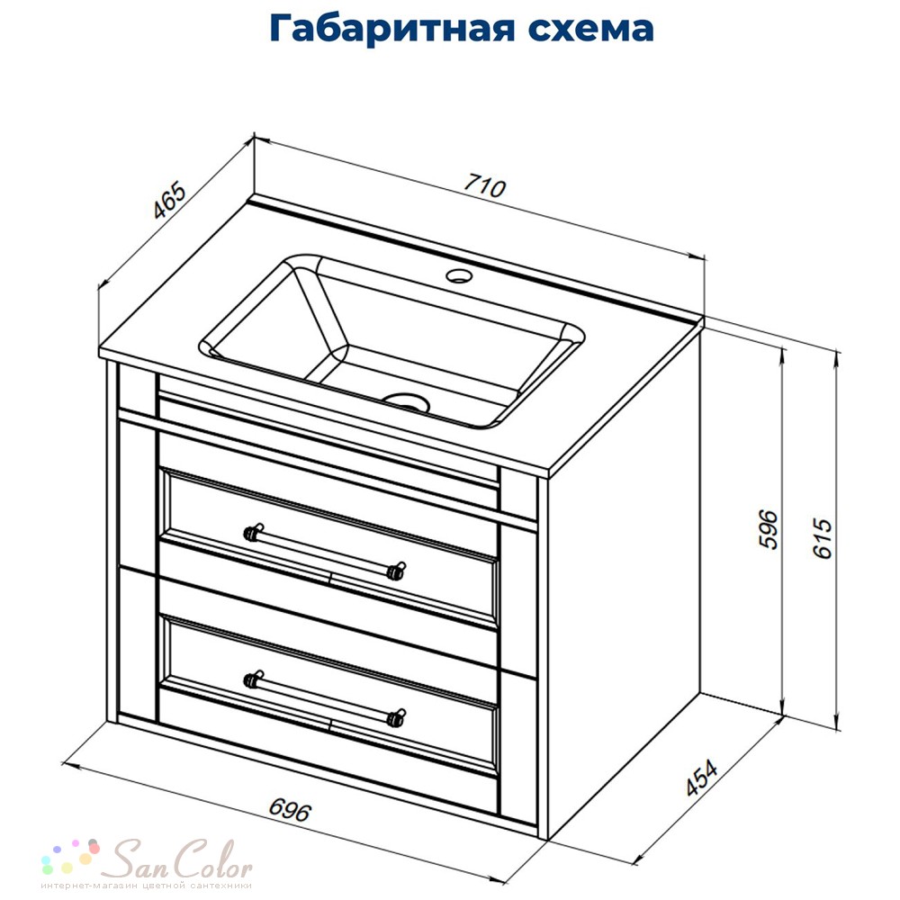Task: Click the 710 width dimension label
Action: [x=485, y=186]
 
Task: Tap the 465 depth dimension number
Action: [x=170, y=201]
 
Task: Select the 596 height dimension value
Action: [x=769, y=529]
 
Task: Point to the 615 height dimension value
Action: [x=823, y=538]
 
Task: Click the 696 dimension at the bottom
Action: [x=291, y=811]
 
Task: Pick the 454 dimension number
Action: [x=701, y=778]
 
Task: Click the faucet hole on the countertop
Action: [x=459, y=276]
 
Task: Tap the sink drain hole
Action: [x=407, y=402]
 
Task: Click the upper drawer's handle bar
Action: [x=325, y=553]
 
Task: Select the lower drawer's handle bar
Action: [x=325, y=699]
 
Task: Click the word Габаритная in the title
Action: [x=392, y=29]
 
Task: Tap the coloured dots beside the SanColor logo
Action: [x=70, y=856]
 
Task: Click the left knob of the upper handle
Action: [x=253, y=532]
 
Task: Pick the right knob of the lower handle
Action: [x=396, y=717]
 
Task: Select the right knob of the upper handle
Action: [x=396, y=571]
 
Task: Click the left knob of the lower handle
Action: [x=253, y=679]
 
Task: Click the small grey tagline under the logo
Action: [x=146, y=886]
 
